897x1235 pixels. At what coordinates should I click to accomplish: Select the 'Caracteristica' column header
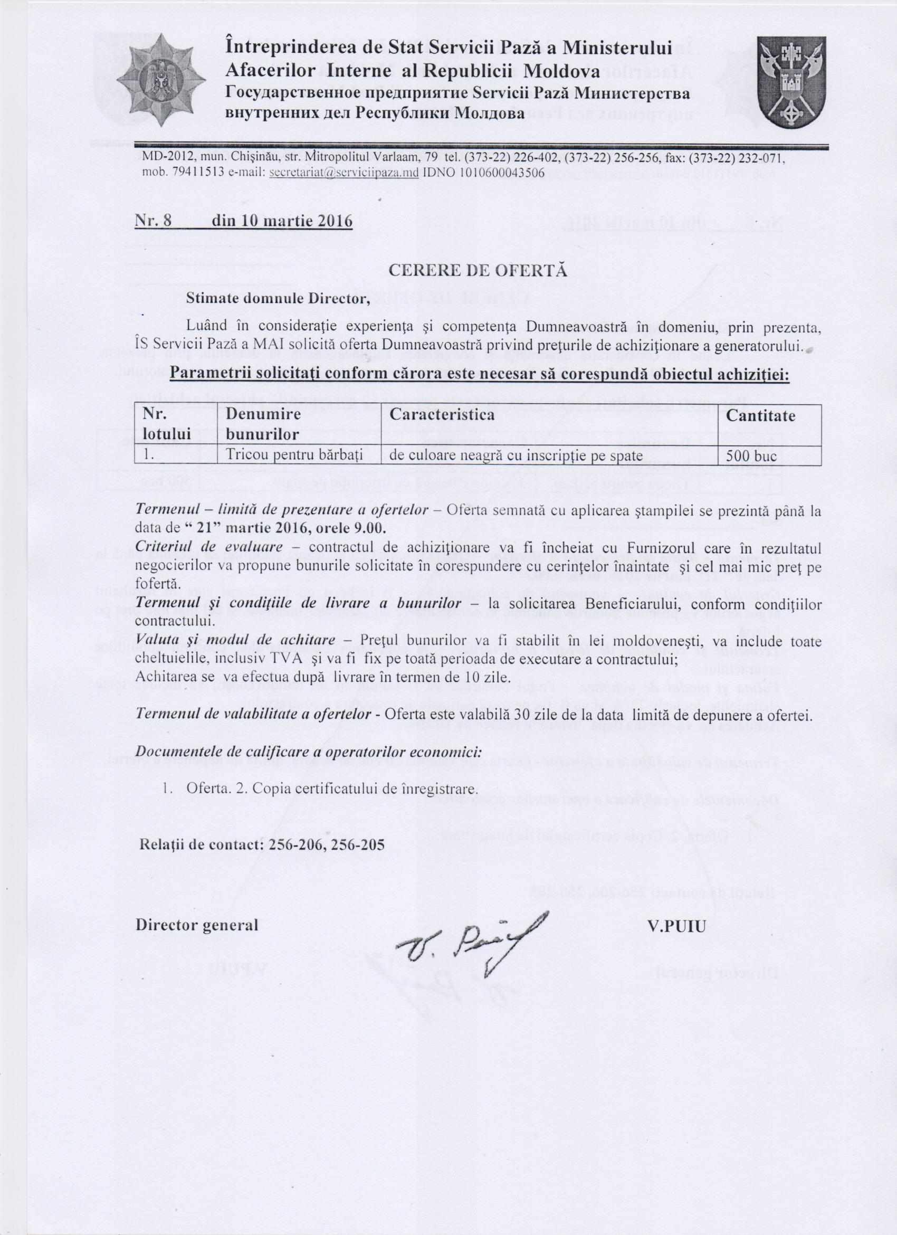pos(442,415)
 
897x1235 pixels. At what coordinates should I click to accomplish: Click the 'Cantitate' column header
pos(769,416)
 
